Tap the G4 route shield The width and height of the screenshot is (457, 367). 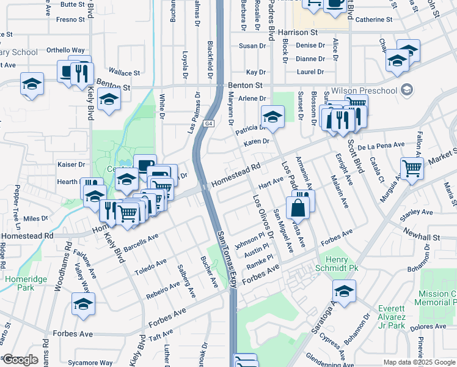click(x=209, y=124)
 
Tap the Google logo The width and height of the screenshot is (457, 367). click(x=20, y=360)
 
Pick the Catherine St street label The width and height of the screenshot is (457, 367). click(x=373, y=20)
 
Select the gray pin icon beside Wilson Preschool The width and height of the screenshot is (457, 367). click(x=408, y=91)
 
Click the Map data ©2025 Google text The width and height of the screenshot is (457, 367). click(x=420, y=362)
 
